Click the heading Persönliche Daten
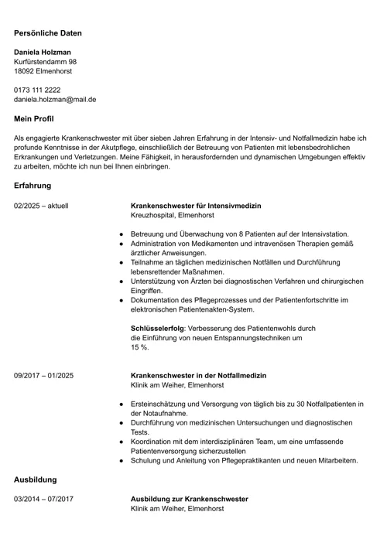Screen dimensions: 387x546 [x=47, y=33]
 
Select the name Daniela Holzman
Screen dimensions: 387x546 [x=43, y=52]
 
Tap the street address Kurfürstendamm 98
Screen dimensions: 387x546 [x=45, y=61]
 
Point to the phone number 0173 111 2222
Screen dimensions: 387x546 [x=37, y=90]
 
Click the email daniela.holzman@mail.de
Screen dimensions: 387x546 [x=54, y=99]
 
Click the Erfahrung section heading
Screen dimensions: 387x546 [x=33, y=186]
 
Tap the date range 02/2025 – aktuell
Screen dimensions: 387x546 [x=41, y=206]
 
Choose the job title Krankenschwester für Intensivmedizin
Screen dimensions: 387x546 [x=196, y=206]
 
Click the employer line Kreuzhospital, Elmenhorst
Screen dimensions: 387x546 [x=172, y=215]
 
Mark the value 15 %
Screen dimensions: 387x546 [x=139, y=347]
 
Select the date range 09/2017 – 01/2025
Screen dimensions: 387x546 [x=43, y=375]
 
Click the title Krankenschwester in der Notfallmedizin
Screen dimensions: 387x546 [x=198, y=375]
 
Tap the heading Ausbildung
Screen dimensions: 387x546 [x=36, y=479]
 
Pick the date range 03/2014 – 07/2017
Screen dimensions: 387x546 [x=43, y=499]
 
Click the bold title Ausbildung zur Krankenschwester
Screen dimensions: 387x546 [x=189, y=499]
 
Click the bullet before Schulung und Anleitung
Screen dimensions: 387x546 [x=122, y=460]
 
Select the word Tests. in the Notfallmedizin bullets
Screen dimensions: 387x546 [x=140, y=432]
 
